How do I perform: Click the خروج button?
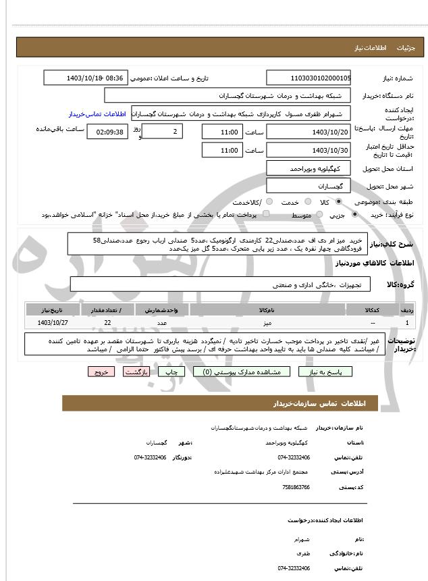click(101, 372)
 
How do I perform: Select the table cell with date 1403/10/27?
click(53, 323)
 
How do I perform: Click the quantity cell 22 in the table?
click(108, 323)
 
